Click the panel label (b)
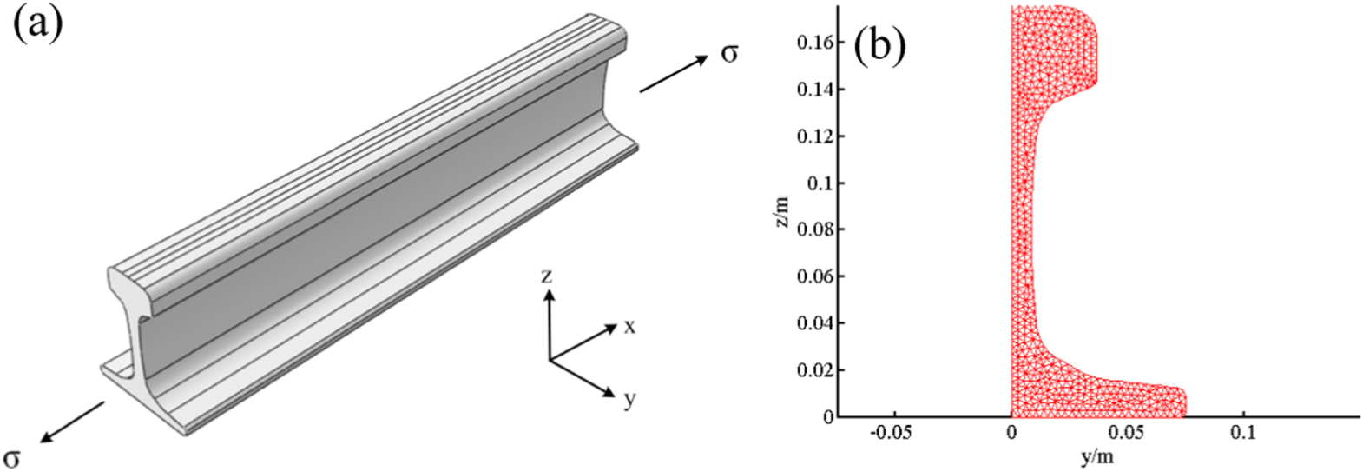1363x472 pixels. pos(880,45)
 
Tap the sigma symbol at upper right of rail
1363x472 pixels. pos(729,54)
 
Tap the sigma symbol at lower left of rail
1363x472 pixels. pos(11,457)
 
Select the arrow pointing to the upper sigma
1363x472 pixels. pos(674,75)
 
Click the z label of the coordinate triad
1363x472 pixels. pos(546,276)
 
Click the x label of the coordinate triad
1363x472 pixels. pos(629,327)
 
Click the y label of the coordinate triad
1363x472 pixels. pos(629,399)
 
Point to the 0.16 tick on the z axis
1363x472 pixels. pos(815,42)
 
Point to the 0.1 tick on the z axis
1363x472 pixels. pos(820,183)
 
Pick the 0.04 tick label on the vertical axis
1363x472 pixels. pos(815,323)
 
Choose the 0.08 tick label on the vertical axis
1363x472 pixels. pos(815,229)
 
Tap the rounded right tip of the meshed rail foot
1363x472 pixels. pos(1182,402)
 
